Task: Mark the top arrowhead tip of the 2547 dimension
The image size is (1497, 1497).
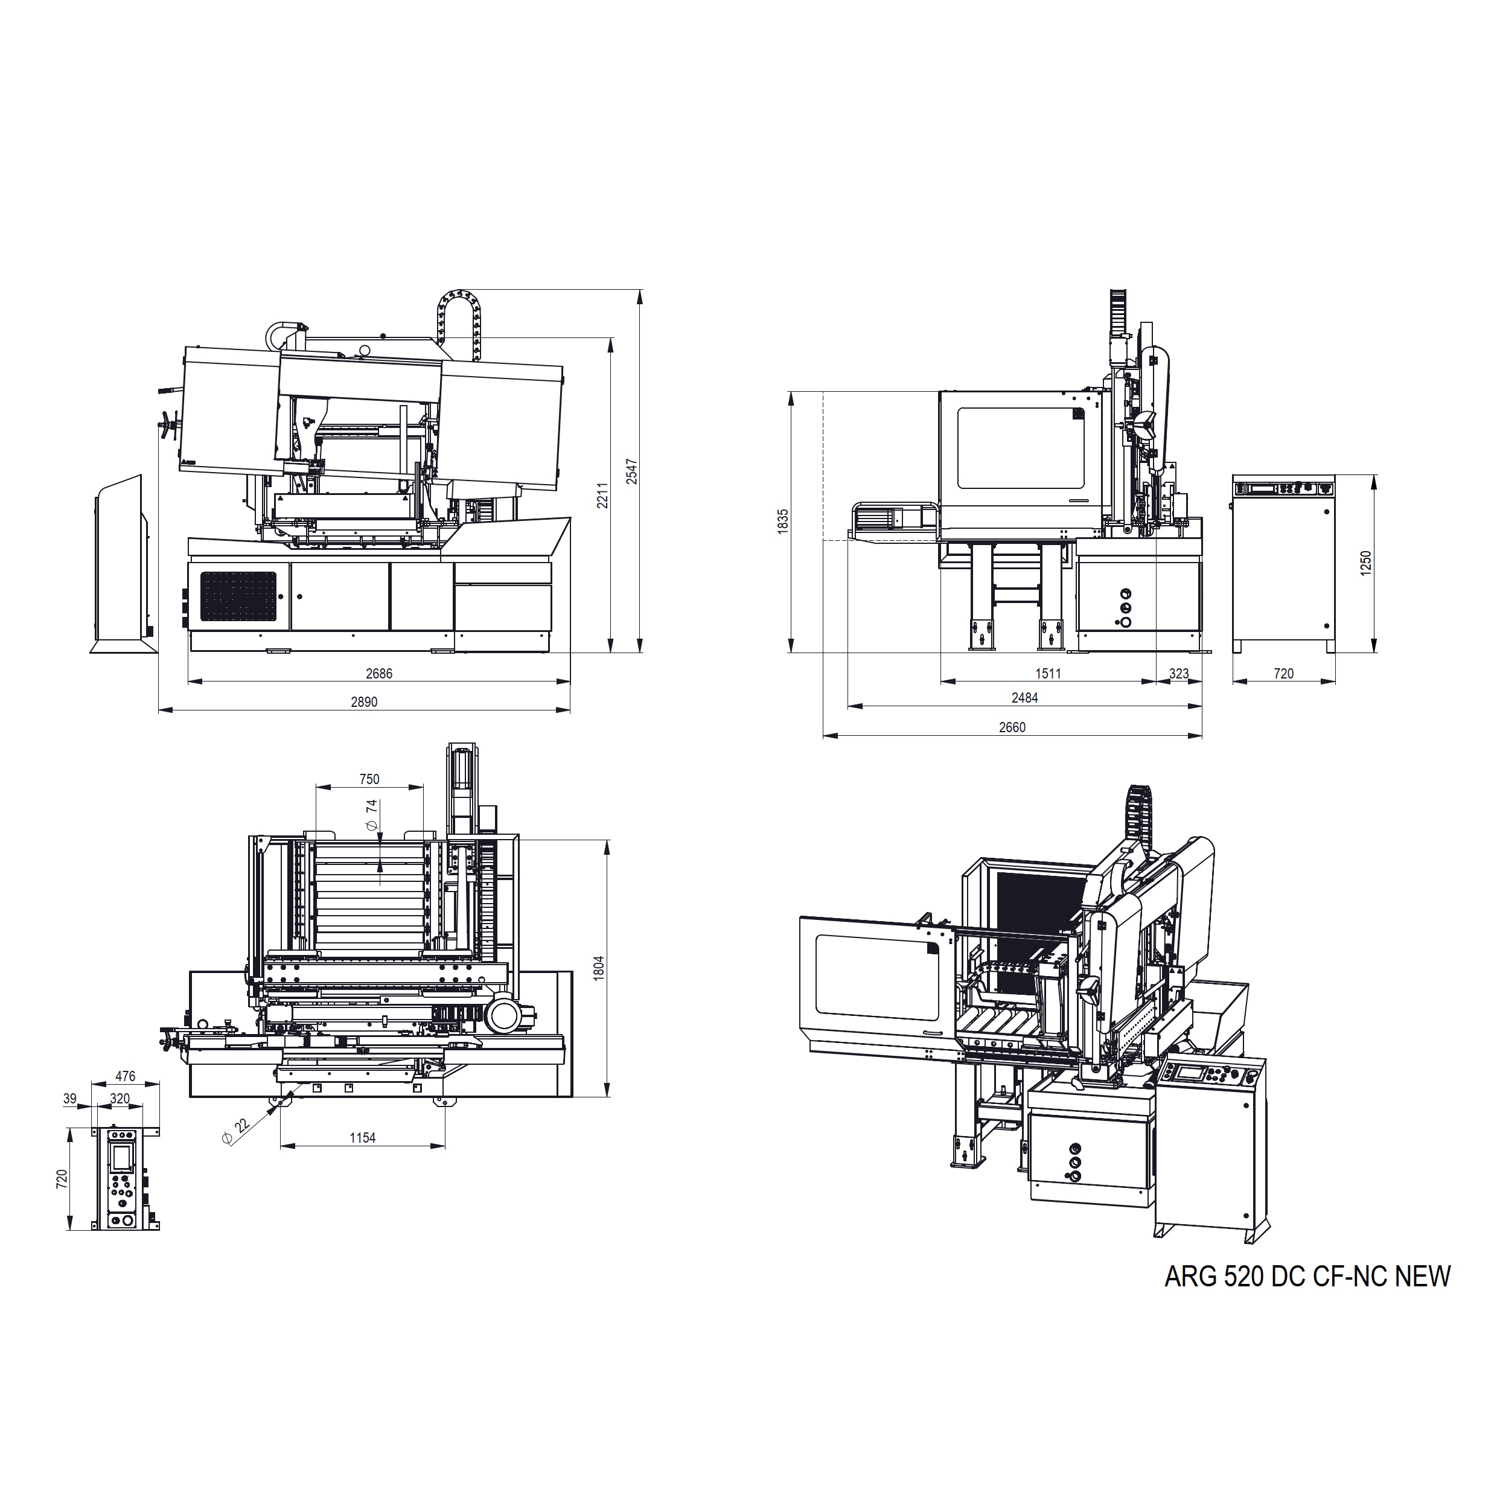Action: pos(640,290)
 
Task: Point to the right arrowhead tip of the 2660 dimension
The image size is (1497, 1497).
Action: pos(1202,735)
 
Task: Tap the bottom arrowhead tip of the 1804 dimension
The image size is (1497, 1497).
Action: pos(607,1097)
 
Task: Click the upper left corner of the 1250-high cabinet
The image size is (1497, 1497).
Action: pos(1233,475)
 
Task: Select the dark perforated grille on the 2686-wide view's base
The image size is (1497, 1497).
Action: pos(238,596)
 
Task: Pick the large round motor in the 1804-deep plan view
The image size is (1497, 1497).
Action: pos(505,1015)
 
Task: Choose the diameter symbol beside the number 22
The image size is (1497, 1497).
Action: pos(227,1137)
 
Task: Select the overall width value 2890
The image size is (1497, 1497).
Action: pos(364,702)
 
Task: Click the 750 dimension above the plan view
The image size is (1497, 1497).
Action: pos(369,779)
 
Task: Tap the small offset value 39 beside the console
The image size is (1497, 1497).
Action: pos(70,1099)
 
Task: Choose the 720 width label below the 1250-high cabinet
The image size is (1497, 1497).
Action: pos(1284,673)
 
